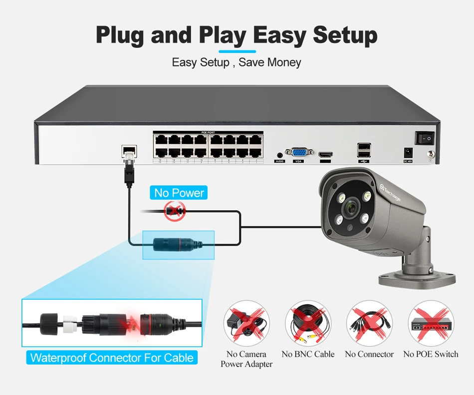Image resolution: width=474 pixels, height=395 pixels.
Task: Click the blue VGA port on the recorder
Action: point(299,152)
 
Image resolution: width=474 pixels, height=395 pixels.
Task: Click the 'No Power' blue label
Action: point(179,193)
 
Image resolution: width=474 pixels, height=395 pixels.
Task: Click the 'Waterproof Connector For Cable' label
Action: point(112,358)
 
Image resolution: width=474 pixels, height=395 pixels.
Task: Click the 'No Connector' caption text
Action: point(369,354)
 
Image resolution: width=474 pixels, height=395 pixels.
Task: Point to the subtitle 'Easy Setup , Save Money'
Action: point(237,62)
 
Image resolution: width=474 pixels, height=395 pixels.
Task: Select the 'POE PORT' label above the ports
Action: point(207,132)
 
